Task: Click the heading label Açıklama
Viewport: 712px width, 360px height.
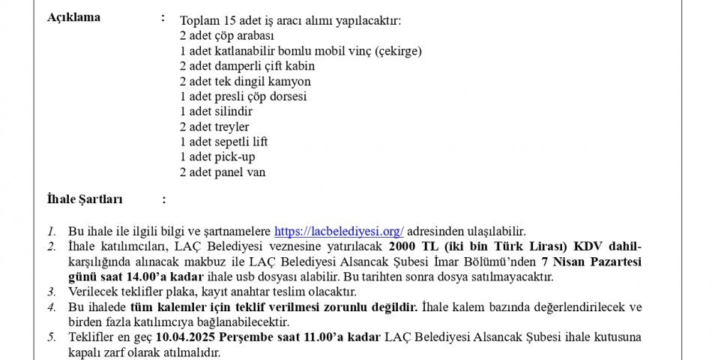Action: coord(73,18)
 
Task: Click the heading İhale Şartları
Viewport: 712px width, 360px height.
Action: coord(85,199)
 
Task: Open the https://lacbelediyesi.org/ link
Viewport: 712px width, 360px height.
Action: coord(339,231)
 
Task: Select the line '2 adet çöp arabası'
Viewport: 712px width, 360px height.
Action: coord(227,35)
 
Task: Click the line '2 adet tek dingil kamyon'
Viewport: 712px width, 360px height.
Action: coord(245,81)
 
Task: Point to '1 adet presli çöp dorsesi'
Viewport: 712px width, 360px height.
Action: coord(243,96)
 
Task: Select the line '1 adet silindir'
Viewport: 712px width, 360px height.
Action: coord(217,111)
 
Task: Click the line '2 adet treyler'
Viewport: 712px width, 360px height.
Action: coord(214,127)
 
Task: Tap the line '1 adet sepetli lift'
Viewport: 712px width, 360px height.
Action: coord(223,142)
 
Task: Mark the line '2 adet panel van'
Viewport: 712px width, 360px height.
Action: coord(223,172)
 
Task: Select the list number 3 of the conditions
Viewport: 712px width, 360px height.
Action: coord(51,291)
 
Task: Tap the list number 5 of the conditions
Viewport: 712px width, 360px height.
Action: coord(51,337)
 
